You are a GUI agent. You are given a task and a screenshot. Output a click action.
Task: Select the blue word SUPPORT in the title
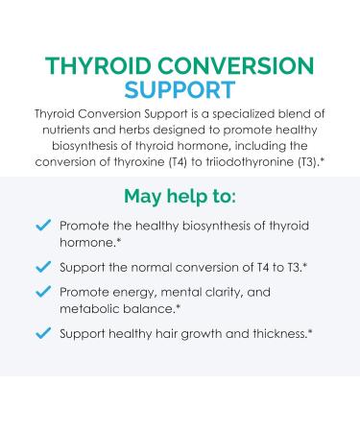(x=180, y=92)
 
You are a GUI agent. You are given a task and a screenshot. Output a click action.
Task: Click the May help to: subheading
(x=180, y=198)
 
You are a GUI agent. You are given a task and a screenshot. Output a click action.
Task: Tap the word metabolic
(x=88, y=306)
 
